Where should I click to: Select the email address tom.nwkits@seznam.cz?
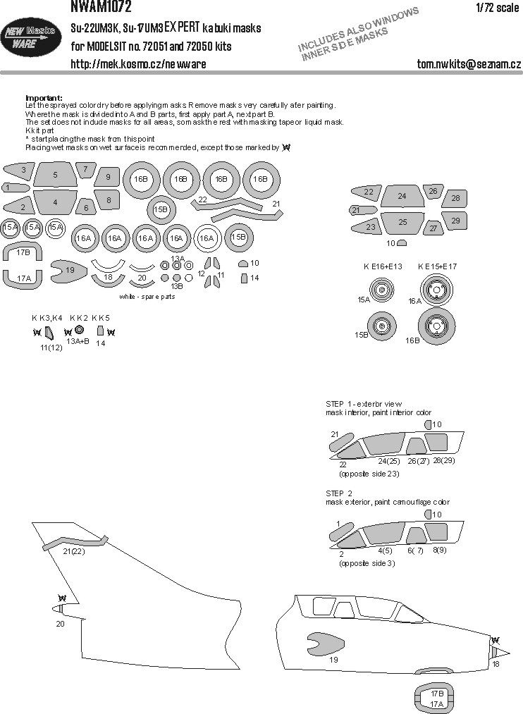(x=468, y=65)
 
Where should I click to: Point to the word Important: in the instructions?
(x=44, y=97)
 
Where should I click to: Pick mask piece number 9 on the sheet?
(x=108, y=178)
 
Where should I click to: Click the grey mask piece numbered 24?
(x=401, y=197)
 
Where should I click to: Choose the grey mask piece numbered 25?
(x=401, y=223)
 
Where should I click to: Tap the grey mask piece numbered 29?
(x=455, y=221)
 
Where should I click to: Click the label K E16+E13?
(x=382, y=267)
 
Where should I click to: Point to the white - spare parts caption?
(x=147, y=297)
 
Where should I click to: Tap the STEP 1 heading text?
(x=340, y=403)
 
